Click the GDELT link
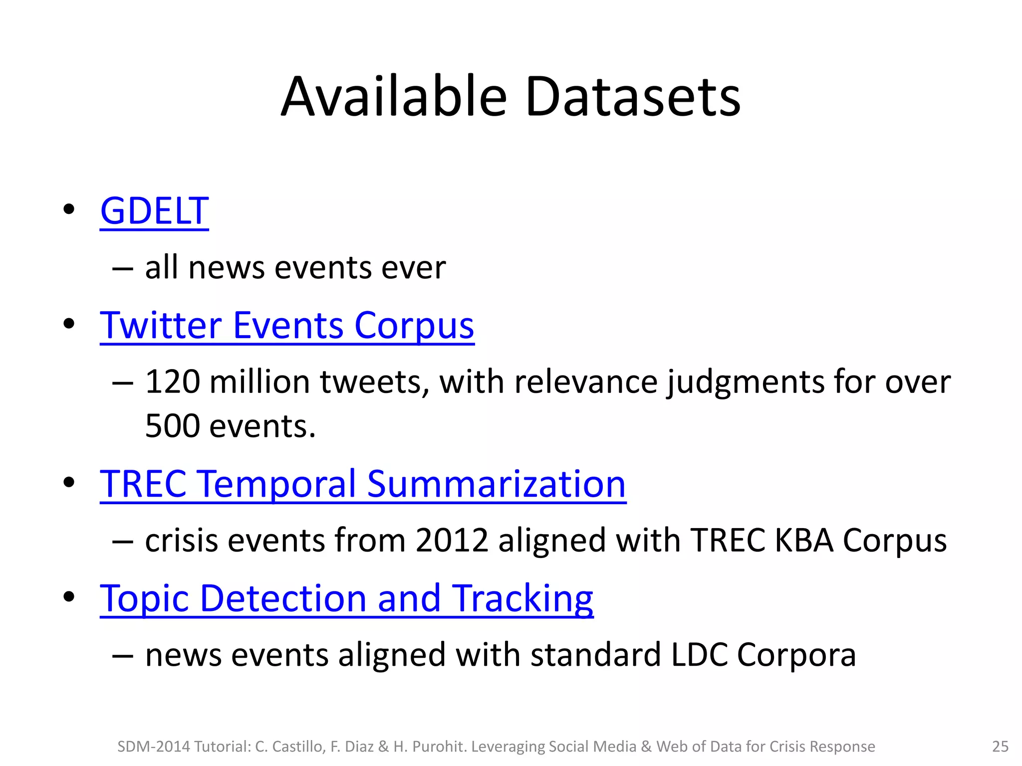coord(154,211)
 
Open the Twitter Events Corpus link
coord(287,326)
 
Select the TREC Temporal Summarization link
coord(363,484)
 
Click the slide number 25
coord(1000,747)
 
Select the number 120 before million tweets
coord(173,383)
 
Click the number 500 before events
coord(173,427)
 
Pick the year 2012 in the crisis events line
coord(452,541)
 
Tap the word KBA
coord(804,541)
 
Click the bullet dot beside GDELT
coord(69,209)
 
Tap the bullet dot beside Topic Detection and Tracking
coord(69,596)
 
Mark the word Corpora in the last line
coord(796,655)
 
